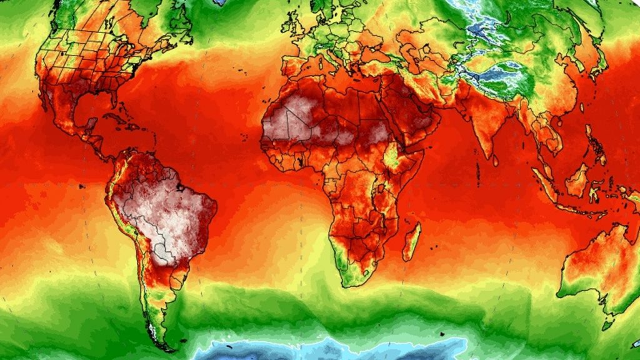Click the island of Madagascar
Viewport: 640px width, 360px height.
pyautogui.click(x=411, y=242)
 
